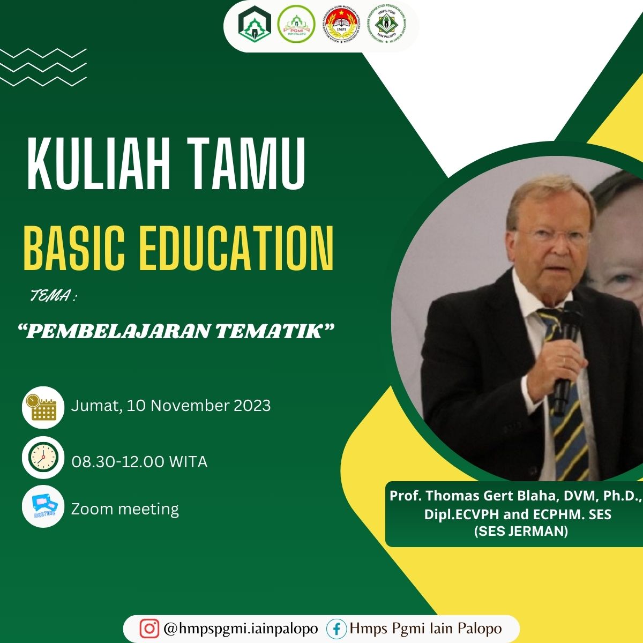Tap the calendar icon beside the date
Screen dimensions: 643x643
43,407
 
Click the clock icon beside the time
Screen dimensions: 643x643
43,458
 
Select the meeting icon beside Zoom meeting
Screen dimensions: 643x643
43,506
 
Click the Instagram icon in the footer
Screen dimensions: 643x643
149,628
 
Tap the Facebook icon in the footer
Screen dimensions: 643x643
337,628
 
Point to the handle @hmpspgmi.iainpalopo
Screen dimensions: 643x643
241,628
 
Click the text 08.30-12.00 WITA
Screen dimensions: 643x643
139,462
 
